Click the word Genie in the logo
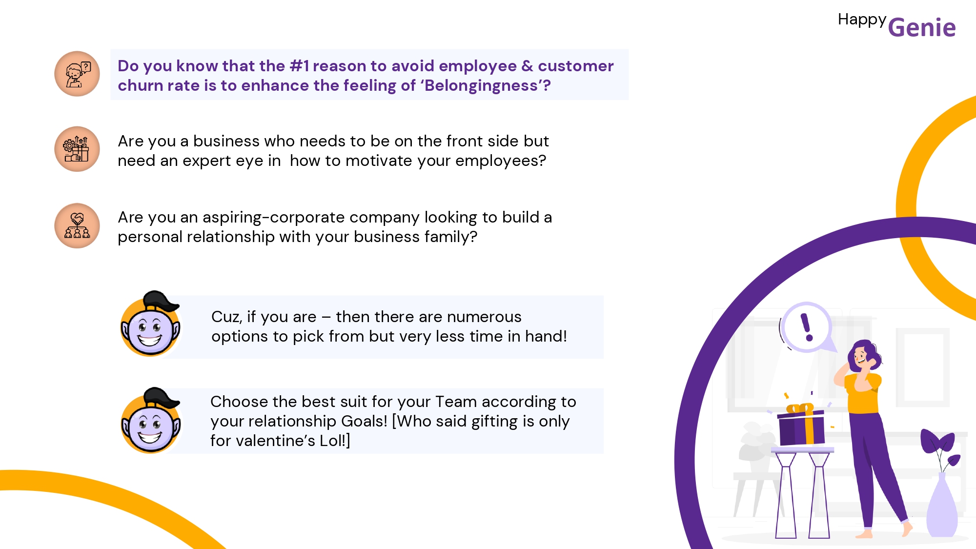(x=921, y=28)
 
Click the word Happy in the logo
(x=862, y=20)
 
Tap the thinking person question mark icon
(x=77, y=74)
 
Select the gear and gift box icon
(x=77, y=149)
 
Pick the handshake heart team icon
(x=77, y=225)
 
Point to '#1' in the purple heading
(x=299, y=66)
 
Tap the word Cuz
(x=226, y=317)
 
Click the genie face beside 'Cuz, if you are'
(x=150, y=324)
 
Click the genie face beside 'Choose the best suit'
(x=151, y=421)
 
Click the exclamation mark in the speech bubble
(x=807, y=327)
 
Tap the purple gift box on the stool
(x=801, y=426)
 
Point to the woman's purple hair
(x=866, y=354)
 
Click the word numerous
(x=484, y=317)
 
